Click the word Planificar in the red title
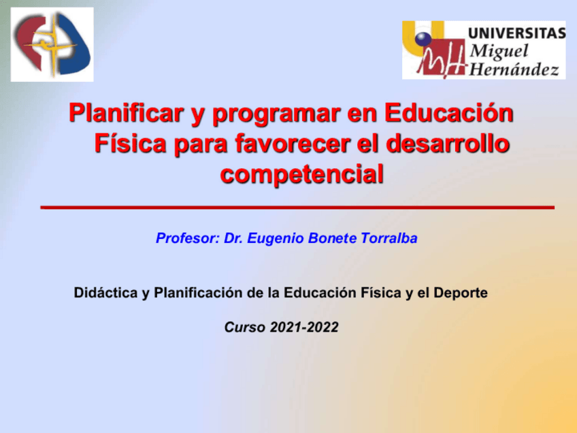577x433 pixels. point(126,113)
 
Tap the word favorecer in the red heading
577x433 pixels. point(293,143)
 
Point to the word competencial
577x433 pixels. point(301,174)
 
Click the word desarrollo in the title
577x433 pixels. point(448,143)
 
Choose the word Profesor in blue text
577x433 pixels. point(188,238)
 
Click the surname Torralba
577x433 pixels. point(389,238)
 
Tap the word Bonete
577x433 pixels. point(332,238)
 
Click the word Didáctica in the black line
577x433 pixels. point(105,293)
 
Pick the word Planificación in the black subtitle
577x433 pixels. point(199,293)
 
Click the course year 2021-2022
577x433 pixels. point(304,327)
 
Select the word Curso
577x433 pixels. point(245,327)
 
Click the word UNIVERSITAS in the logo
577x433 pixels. point(516,33)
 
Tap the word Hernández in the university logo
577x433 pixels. point(514,69)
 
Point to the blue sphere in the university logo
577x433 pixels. point(423,39)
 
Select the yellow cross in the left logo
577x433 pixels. point(52,45)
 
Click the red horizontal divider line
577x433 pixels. point(297,208)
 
